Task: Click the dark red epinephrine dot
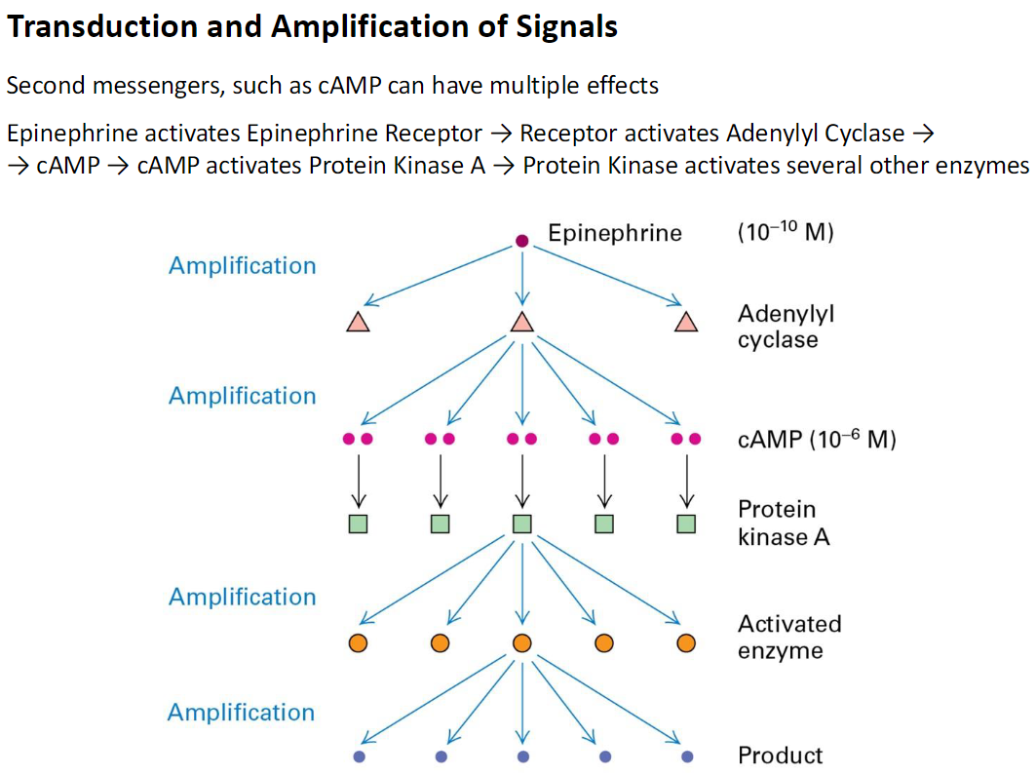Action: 521,241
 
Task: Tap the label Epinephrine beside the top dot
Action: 614,233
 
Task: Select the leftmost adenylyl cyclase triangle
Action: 358,323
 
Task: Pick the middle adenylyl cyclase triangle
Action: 521,323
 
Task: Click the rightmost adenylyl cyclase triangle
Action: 686,323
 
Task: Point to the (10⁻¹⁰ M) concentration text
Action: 786,233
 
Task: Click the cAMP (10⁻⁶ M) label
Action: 816,440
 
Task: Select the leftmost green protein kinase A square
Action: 358,524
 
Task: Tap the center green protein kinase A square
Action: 521,524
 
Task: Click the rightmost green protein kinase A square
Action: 686,524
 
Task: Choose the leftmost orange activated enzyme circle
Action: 358,643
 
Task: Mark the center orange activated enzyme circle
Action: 521,643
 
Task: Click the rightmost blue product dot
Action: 686,757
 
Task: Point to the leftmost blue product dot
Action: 358,757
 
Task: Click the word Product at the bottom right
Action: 780,756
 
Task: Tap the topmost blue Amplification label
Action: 242,266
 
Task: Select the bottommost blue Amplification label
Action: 242,713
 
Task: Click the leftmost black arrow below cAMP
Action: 358,480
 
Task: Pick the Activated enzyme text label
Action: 788,637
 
